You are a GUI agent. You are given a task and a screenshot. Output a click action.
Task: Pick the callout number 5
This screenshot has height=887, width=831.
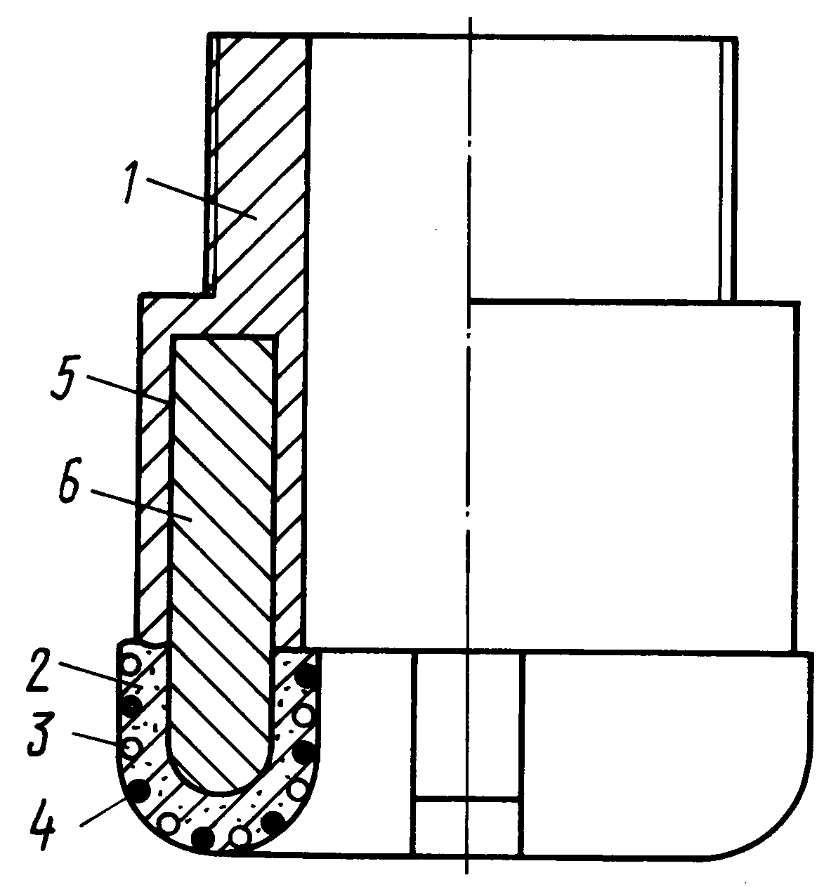tap(67, 376)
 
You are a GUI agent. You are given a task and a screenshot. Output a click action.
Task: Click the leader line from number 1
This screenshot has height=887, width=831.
tap(202, 199)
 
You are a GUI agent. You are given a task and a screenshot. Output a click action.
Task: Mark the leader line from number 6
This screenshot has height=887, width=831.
tap(142, 506)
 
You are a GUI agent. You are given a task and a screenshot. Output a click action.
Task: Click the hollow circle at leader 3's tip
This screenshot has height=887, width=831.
tap(132, 747)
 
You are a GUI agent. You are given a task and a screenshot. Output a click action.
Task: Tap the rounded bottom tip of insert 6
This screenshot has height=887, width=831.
tap(218, 793)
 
